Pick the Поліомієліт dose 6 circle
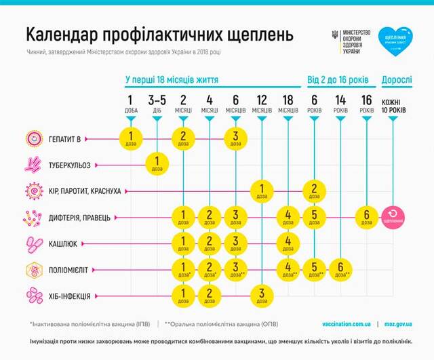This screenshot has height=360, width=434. coord(340,269)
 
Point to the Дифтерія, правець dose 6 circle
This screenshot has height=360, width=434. coord(367,217)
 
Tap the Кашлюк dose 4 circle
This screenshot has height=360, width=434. coord(288,243)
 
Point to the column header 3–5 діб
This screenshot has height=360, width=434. coord(157,104)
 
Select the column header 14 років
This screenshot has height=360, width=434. coord(340,104)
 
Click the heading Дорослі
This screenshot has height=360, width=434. coord(396,79)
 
